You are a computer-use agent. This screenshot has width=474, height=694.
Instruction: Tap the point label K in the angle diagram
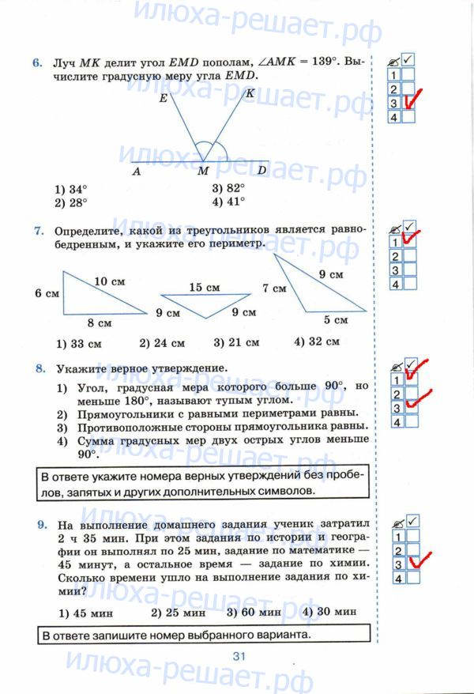pos(250,93)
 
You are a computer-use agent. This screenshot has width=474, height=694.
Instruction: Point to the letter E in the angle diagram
pos(163,99)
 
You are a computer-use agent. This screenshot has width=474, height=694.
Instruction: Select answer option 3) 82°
pos(228,189)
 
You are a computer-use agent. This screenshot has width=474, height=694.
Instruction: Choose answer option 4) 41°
pos(228,202)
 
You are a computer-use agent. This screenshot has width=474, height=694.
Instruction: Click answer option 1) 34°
pos(71,190)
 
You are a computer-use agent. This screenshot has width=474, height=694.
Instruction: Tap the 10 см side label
pos(110,281)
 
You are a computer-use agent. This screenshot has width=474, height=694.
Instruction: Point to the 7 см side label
pos(274,289)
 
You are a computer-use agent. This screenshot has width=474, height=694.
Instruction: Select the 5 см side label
pos(335,320)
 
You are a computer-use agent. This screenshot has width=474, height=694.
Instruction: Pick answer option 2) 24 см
pos(162,343)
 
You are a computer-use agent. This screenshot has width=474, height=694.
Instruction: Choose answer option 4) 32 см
pos(316,342)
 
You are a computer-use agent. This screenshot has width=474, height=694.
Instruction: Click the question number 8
pos(38,368)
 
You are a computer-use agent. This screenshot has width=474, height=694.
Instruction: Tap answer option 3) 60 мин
pos(254,612)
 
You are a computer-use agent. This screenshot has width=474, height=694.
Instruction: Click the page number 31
pos(240,655)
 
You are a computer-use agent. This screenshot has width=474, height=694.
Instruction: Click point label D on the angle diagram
pos(262,170)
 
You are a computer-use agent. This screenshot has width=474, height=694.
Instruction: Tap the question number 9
pos(38,525)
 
